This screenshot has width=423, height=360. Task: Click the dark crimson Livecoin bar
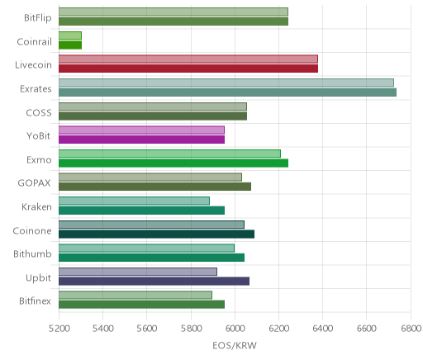coord(188,69)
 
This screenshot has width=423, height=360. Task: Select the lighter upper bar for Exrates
coord(226,83)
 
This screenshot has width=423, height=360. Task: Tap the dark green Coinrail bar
coord(70,45)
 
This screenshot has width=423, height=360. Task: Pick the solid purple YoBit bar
coord(141,140)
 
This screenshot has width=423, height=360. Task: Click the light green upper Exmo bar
coord(169,154)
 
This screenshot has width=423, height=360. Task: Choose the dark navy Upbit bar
coord(154,281)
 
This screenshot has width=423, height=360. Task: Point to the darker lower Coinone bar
coord(156,234)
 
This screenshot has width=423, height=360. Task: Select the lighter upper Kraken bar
coord(134,201)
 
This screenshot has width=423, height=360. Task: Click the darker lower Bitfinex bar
coord(141,305)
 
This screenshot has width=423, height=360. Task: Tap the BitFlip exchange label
coord(38,18)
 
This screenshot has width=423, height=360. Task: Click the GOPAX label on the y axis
coord(34,183)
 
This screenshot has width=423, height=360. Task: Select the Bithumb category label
coord(32,253)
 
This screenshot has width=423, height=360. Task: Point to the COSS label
coord(39,113)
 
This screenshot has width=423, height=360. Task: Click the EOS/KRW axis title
coord(235,345)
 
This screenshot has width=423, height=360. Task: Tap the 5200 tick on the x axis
coord(59,329)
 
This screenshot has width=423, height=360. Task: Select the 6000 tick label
coord(235,329)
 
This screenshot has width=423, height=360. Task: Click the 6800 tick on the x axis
coord(411,329)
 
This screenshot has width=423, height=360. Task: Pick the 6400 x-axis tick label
coord(323,329)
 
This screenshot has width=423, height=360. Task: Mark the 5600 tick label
coord(146,329)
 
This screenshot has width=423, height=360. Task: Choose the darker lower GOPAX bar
coord(154,187)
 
